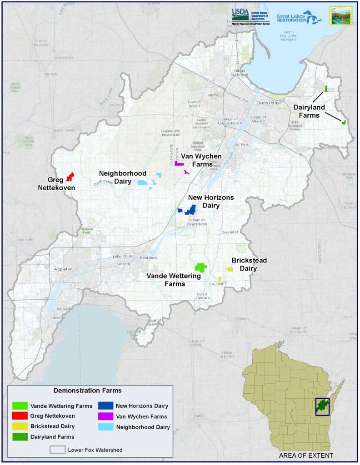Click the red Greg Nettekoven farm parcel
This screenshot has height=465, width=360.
pos(70,177)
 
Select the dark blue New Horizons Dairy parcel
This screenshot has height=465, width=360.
pos(189,210)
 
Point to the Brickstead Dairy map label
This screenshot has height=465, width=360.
pos(249,264)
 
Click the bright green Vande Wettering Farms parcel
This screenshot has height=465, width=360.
pos(200,267)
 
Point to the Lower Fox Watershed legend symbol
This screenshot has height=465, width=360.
pos(57,450)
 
